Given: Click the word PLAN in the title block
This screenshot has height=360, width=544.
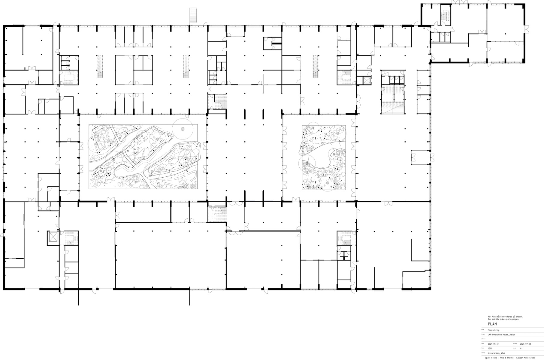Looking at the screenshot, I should [492, 324].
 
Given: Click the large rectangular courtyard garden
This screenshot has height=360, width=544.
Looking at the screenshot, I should [143, 157].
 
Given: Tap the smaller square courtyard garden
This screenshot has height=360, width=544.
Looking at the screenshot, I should [324, 157].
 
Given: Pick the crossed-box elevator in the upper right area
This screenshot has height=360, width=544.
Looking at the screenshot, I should [367, 80].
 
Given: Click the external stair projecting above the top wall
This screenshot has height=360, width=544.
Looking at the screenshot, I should [193, 15].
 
